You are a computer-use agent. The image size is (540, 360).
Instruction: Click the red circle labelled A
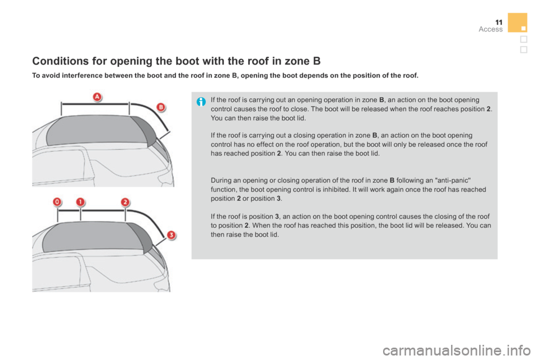point(97,97)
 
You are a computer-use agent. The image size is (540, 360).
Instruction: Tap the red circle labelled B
point(160,106)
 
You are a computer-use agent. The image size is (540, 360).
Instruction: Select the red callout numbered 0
point(57,201)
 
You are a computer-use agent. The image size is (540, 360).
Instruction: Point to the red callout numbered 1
point(80,201)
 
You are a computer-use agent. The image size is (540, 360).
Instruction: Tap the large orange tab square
point(517,22)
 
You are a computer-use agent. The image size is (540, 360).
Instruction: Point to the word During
point(221,181)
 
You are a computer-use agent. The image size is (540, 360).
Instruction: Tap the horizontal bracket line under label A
point(96,103)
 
